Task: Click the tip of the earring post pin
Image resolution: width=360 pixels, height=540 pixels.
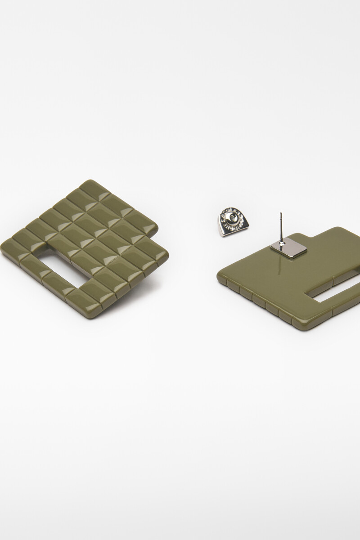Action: [280, 213]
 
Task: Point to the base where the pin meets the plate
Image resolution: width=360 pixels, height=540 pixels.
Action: [280, 243]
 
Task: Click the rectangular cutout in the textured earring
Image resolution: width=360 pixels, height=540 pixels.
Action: [55, 265]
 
